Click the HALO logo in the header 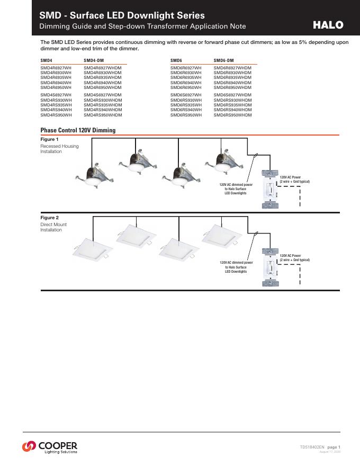[x=328, y=25]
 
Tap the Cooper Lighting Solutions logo [x=50, y=446]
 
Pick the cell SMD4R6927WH [x=56, y=68]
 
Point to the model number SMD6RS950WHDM [x=233, y=114]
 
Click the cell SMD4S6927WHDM [x=103, y=95]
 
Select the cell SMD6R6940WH [x=186, y=83]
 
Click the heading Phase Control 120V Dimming [x=78, y=130]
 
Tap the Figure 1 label [x=50, y=139]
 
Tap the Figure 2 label [x=50, y=218]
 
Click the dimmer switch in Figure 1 [x=269, y=189]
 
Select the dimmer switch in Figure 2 [x=269, y=267]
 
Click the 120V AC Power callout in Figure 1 [x=294, y=179]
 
